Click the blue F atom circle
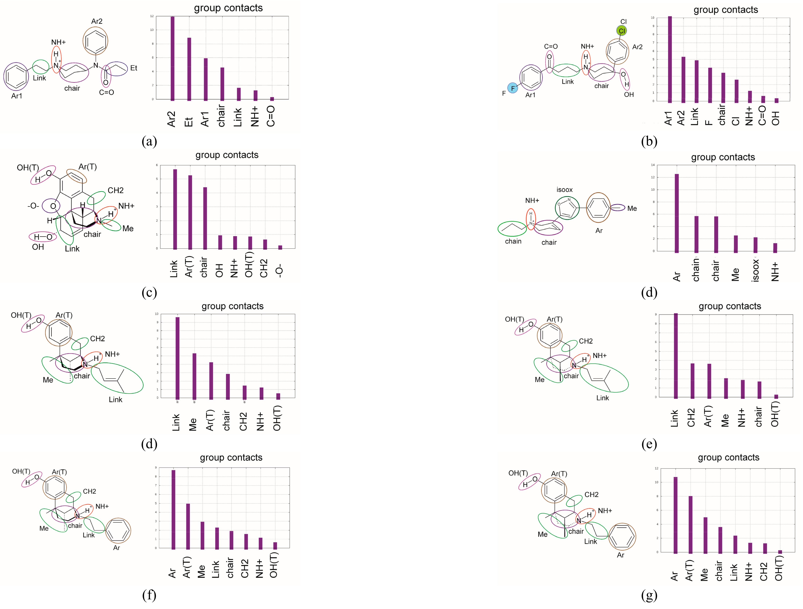point(513,88)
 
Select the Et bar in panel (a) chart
point(189,69)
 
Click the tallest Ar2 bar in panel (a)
point(173,58)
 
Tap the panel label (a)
point(149,141)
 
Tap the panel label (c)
point(149,292)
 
